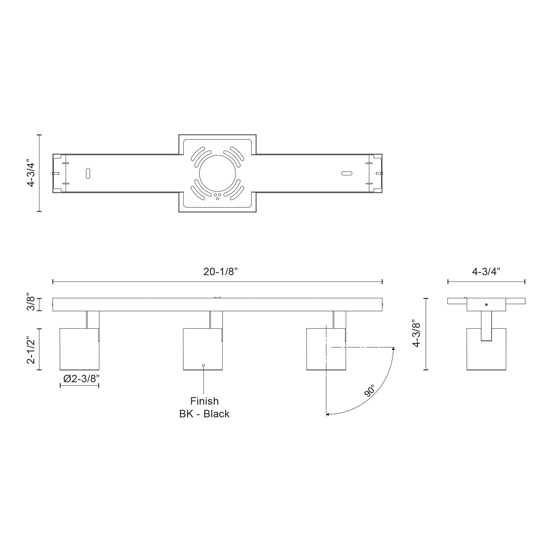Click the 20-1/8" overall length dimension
click(x=220, y=272)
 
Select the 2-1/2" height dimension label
click(x=32, y=349)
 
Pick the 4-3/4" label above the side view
click(x=486, y=272)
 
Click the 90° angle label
click(x=369, y=391)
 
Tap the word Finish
click(x=204, y=401)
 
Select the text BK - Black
click(x=204, y=414)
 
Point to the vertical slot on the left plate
click(x=88, y=173)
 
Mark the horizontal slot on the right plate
click(x=346, y=173)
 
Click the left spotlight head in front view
click(x=79, y=349)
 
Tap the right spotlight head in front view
click(x=326, y=349)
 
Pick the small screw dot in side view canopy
click(x=486, y=304)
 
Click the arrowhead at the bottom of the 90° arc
click(x=327, y=414)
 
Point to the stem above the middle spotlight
click(x=216, y=319)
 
